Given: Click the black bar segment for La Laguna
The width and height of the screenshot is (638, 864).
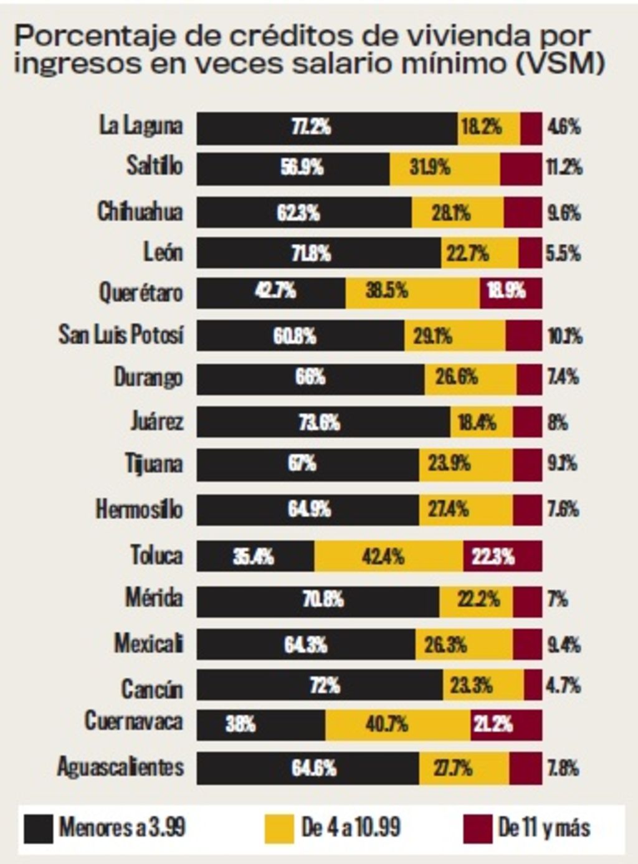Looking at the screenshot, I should click(x=327, y=128).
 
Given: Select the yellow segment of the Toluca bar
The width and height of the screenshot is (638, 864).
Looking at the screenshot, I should click(x=388, y=556).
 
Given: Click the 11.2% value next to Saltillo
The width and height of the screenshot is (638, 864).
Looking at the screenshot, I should click(x=564, y=167).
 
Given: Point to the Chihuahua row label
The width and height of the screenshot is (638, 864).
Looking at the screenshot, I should click(x=140, y=212).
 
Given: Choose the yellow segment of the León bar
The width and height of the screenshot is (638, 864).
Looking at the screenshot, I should click(x=479, y=253).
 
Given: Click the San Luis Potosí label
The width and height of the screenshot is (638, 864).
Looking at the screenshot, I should click(x=121, y=335).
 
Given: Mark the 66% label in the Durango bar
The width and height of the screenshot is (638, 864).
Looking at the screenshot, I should click(x=310, y=377).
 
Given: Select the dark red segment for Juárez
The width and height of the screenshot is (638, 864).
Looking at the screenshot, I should click(x=527, y=422).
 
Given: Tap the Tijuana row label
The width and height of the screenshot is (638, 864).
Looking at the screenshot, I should click(x=154, y=464).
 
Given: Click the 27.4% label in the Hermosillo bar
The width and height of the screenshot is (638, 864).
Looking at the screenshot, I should click(x=448, y=509).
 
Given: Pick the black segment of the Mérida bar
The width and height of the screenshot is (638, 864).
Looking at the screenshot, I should click(x=318, y=601).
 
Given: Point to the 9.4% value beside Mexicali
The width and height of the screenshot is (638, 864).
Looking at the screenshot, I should click(x=564, y=644).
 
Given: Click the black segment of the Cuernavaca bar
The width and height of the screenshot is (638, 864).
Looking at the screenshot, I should click(x=261, y=724).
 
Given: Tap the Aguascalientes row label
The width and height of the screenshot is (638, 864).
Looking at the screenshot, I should click(x=121, y=767).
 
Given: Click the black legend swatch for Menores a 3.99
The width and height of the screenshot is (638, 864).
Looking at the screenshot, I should click(x=38, y=828).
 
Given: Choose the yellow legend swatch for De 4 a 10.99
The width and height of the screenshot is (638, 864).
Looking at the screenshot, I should click(x=279, y=828).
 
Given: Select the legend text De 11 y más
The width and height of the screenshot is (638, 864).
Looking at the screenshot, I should click(x=544, y=828).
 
